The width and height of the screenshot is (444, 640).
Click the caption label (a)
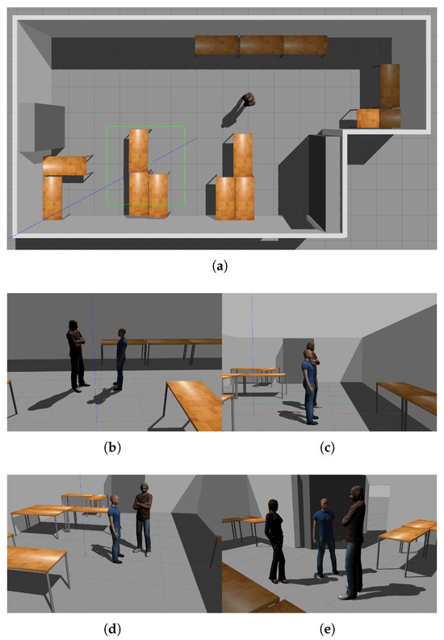(220, 266)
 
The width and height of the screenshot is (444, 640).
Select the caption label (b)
(113, 447)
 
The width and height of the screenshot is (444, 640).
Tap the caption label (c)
(327, 447)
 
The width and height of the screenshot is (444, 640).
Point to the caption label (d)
(113, 629)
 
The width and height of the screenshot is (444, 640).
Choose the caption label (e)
(327, 629)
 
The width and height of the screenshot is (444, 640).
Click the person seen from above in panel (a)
(249, 99)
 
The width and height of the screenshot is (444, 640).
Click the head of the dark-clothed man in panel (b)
(73, 325)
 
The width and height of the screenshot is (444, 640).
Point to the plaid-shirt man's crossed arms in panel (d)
(143, 505)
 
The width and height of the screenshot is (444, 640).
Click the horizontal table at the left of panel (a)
(65, 165)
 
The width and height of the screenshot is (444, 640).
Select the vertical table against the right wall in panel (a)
(390, 86)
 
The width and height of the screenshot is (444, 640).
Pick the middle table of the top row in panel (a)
(262, 45)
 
